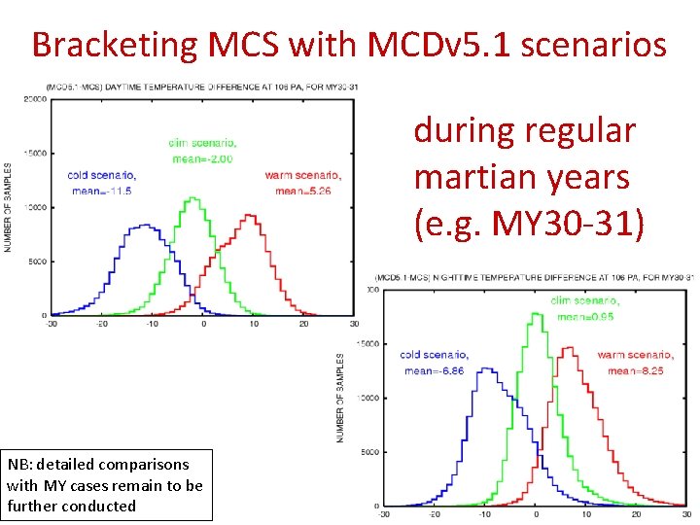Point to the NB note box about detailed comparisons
tap(106, 483)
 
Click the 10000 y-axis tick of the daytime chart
tap(36, 207)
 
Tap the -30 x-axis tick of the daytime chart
tap(50, 324)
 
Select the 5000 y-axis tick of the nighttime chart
tap(370, 452)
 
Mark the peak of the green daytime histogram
tap(193, 199)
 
